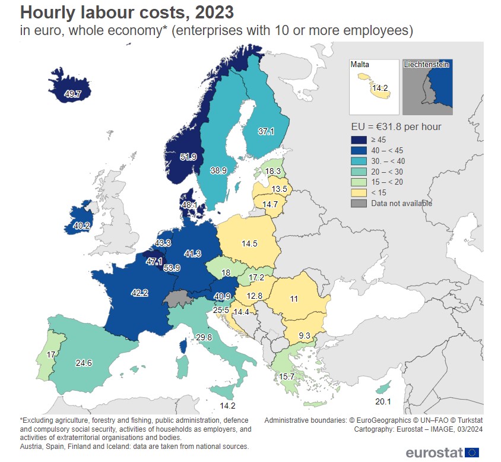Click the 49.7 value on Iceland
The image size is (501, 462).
74,94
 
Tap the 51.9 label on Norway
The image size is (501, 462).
188,157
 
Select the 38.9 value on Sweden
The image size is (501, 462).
218,170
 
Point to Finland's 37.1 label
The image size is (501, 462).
267,132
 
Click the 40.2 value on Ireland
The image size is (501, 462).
81,226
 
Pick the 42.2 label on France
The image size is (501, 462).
140,292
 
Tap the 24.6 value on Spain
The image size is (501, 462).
84,363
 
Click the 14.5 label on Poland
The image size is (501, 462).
249,243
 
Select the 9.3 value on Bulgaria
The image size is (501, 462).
305,336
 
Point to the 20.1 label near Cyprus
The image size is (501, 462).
384,401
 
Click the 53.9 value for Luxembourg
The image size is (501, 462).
172,268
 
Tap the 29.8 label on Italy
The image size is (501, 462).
204,337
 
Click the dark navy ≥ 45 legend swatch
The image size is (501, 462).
358,140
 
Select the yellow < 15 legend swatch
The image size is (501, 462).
358,192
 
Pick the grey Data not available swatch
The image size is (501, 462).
358,203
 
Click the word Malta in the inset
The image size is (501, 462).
360,64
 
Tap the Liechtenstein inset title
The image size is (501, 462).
426,64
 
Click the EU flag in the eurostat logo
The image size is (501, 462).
473,452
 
